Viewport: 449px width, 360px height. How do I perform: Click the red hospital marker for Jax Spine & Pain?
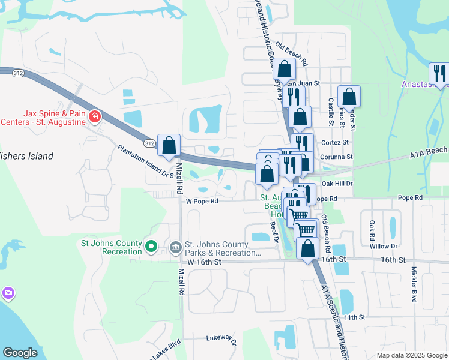click(94, 116)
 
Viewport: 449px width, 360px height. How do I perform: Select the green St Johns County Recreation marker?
click(151, 247)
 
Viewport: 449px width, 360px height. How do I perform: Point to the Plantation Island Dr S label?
click(145, 162)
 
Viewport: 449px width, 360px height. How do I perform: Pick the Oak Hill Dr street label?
click(337, 183)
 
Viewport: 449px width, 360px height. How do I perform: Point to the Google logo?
click(20, 353)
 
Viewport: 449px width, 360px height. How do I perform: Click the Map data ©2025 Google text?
click(412, 355)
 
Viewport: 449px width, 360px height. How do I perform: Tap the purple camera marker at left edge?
click(8, 292)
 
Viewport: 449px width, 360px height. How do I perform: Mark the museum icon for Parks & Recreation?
click(175, 247)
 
